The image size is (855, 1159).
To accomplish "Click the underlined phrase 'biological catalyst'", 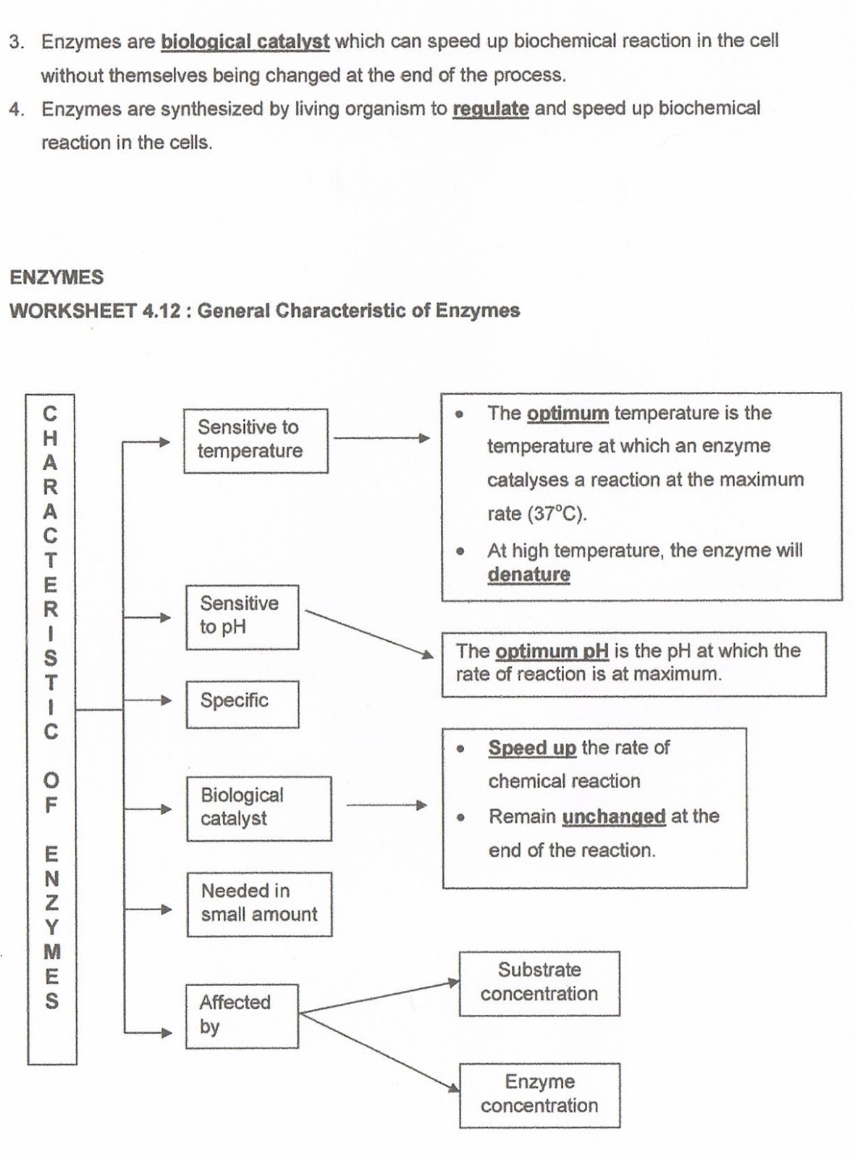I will pos(245,41).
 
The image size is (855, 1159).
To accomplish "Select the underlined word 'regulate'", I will pos(490,109).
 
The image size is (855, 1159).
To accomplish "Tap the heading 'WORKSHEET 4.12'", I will pos(94,311).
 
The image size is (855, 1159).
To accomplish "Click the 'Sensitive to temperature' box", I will pos(255,440).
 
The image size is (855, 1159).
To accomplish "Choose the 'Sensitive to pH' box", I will pos(242,616).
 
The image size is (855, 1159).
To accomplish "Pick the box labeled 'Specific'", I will pos(242,703).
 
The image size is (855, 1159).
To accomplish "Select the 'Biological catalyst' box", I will pos(258,808).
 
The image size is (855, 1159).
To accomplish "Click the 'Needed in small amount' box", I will pos(258,903).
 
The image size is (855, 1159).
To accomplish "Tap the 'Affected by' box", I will pos(241,1015).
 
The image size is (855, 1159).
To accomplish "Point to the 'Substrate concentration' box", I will pos(539,982).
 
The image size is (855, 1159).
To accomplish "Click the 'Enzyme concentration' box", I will pos(539,1094).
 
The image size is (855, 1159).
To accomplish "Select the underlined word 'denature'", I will pos(528,574).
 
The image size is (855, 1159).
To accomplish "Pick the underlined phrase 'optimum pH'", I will pos(552,650).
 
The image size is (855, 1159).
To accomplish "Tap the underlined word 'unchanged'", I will pos(613,816).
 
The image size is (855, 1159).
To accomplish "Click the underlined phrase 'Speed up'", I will pos(532,748).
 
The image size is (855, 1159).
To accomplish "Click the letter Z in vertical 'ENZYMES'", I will pos(51,903).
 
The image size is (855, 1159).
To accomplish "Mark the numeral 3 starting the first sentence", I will pos(15,41).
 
